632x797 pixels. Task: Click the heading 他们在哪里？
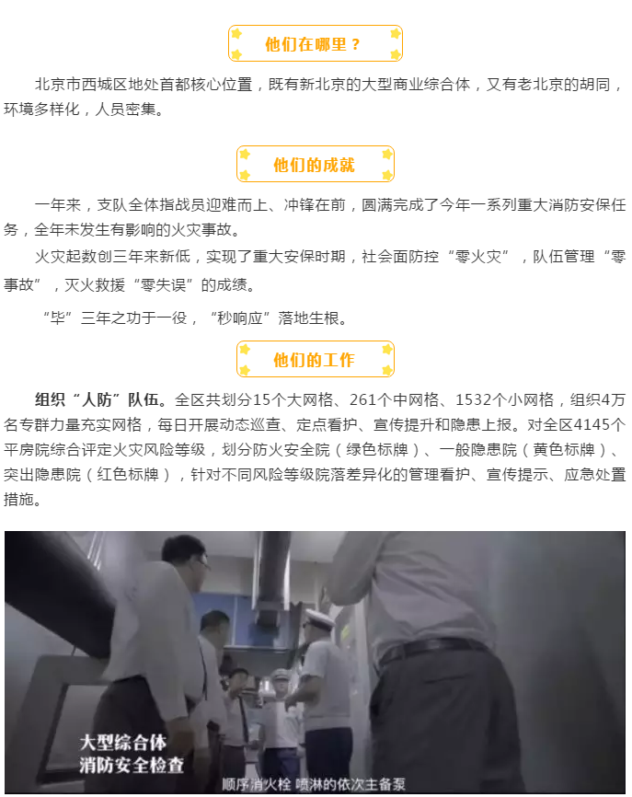click(x=313, y=45)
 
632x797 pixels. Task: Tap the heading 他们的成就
click(x=314, y=165)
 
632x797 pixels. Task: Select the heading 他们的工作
click(x=314, y=361)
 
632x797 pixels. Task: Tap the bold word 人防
click(x=97, y=400)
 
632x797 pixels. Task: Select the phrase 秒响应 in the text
click(x=239, y=318)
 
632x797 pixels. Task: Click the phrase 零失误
click(x=163, y=285)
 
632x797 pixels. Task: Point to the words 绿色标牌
click(x=377, y=450)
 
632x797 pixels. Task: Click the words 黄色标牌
click(x=564, y=450)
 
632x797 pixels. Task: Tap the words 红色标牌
click(x=128, y=475)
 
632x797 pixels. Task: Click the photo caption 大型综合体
click(x=123, y=743)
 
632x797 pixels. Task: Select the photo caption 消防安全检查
click(x=132, y=765)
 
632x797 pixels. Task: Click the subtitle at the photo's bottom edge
click(x=314, y=784)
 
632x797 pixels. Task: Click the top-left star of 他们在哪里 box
click(x=236, y=34)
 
